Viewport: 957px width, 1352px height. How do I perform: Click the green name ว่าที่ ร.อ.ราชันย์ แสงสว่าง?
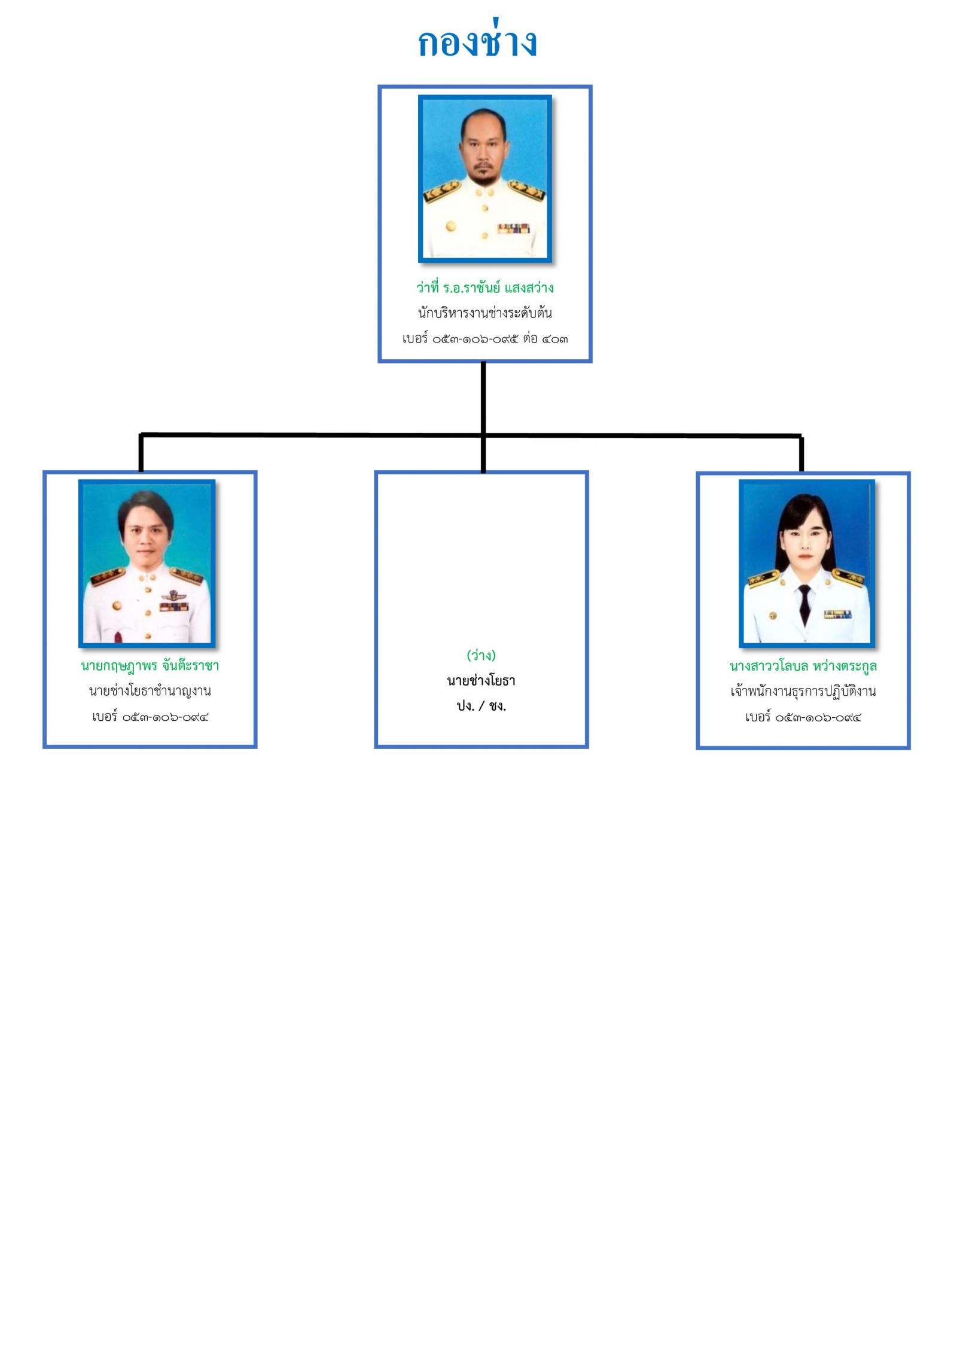click(x=484, y=288)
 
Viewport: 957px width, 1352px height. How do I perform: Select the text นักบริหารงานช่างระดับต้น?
click(x=484, y=313)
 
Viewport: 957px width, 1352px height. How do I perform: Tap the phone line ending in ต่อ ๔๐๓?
click(x=484, y=339)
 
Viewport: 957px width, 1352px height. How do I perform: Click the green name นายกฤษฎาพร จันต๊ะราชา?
click(x=150, y=666)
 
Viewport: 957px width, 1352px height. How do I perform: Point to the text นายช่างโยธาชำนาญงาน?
click(x=150, y=692)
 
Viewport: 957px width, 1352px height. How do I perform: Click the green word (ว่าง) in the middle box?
click(x=481, y=656)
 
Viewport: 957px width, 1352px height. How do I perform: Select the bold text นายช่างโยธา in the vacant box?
click(x=481, y=681)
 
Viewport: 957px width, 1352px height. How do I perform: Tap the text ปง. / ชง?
click(x=481, y=706)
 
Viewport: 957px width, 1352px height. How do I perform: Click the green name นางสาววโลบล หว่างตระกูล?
click(x=803, y=666)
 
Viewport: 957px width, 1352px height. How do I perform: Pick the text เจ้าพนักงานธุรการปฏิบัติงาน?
click(x=803, y=692)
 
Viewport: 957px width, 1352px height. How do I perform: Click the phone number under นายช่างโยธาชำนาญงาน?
click(x=150, y=717)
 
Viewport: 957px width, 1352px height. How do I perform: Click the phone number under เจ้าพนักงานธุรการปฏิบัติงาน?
click(x=803, y=717)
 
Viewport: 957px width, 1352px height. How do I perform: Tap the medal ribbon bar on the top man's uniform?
click(x=514, y=228)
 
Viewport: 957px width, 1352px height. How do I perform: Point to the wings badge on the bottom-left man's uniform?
click(x=173, y=595)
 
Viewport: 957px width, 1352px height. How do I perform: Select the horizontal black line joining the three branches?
click(x=471, y=435)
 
